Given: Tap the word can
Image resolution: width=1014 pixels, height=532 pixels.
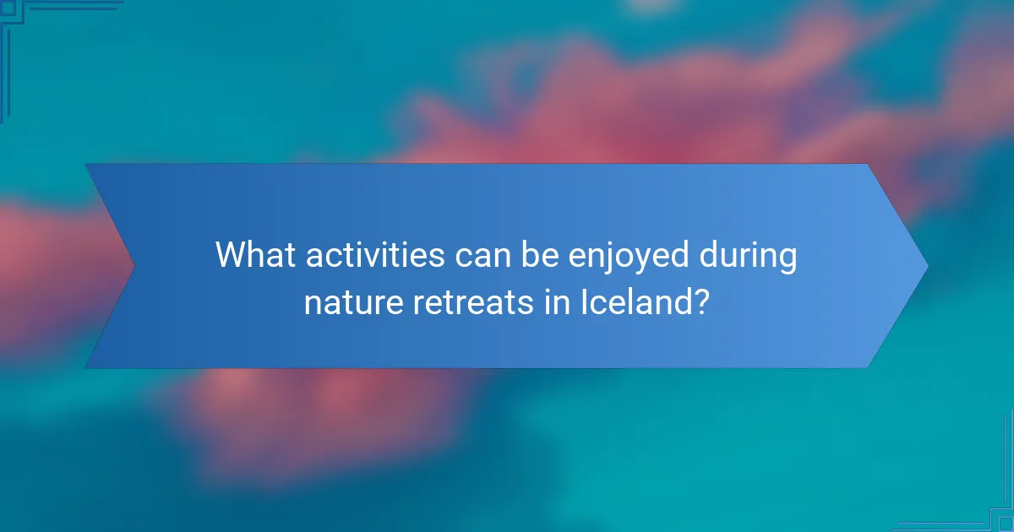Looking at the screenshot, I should click(479, 255).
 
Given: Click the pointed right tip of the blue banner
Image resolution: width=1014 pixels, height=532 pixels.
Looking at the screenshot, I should click(926, 266).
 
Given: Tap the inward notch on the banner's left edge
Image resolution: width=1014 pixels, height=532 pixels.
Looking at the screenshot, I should click(134, 266).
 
